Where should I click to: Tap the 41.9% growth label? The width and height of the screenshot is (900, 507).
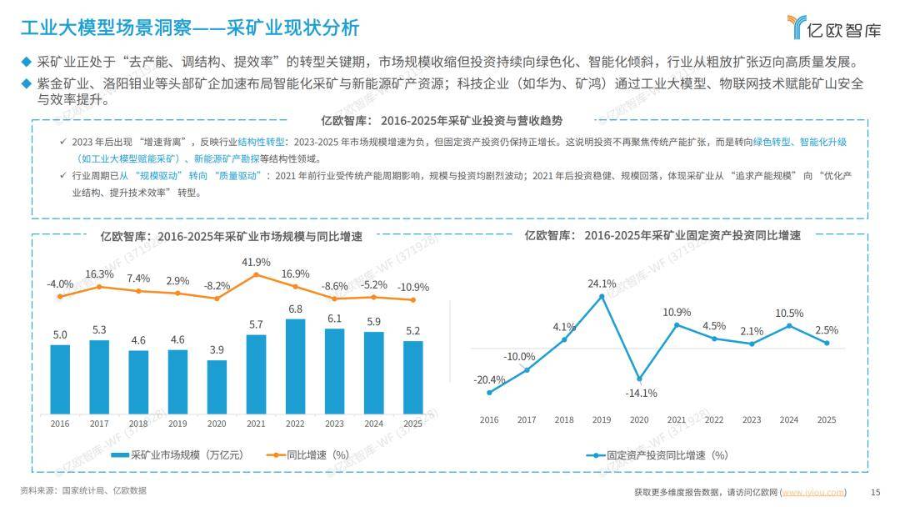[x=256, y=263]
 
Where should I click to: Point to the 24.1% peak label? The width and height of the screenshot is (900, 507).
[x=602, y=284]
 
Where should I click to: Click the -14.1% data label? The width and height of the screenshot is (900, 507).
[x=640, y=393]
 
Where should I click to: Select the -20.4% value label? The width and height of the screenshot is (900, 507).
[x=489, y=379]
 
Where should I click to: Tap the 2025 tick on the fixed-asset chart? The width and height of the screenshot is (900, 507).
[x=826, y=420]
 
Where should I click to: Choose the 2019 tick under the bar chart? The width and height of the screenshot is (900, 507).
[x=177, y=424]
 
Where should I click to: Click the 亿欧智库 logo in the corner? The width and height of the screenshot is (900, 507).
[x=833, y=28]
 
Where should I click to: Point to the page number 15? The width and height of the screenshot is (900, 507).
[x=875, y=492]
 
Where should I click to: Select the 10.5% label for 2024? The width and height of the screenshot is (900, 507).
[x=789, y=313]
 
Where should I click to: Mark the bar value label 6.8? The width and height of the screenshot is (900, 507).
[x=295, y=309]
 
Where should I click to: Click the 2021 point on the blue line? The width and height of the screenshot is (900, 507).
[x=677, y=325]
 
